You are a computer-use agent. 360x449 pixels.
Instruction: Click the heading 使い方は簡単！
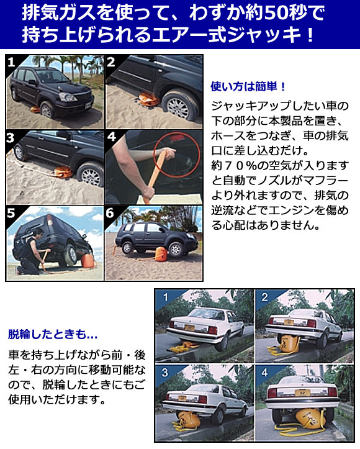tap(248, 86)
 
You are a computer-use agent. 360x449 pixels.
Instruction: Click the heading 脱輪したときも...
tap(52, 335)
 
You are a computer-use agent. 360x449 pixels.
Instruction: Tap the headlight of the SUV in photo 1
tap(66, 96)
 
